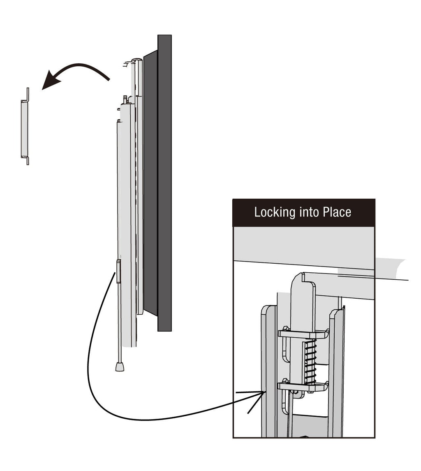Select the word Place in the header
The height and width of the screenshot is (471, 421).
point(337,212)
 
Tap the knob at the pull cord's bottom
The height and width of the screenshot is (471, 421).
point(120,366)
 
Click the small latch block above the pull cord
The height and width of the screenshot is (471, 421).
point(119,271)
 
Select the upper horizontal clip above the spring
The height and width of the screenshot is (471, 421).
point(303,334)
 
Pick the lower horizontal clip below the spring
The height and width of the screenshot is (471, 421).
point(303,386)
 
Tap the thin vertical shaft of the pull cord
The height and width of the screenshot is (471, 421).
point(119,321)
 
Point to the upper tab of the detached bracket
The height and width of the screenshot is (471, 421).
point(28,95)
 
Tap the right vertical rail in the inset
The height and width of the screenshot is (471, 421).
point(337,370)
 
